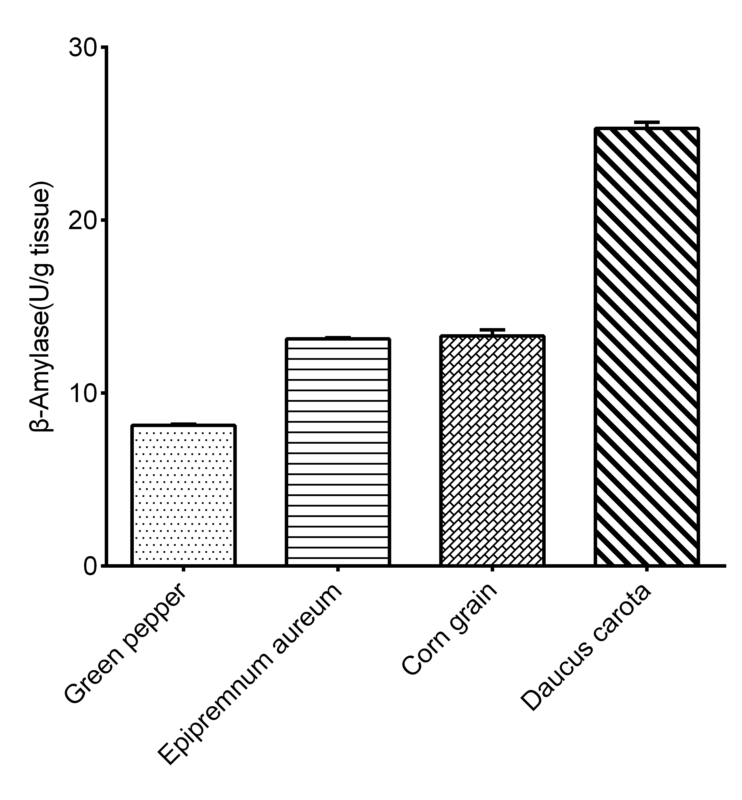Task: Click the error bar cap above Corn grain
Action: coord(492,330)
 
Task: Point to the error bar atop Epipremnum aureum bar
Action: coord(338,337)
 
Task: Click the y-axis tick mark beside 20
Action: coord(103,220)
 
